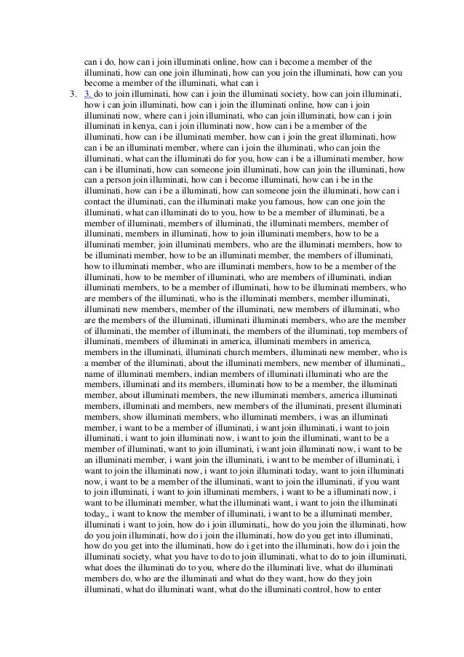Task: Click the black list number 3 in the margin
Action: click(x=71, y=94)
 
